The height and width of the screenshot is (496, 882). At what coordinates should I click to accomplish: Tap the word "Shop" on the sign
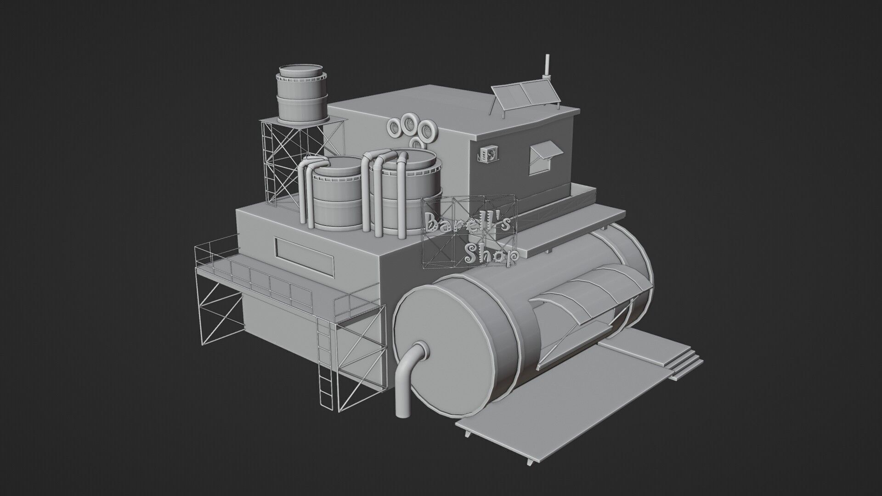491,255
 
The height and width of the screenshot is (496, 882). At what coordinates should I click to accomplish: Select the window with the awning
543,158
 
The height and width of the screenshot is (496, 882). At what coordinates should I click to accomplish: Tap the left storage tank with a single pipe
338,193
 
